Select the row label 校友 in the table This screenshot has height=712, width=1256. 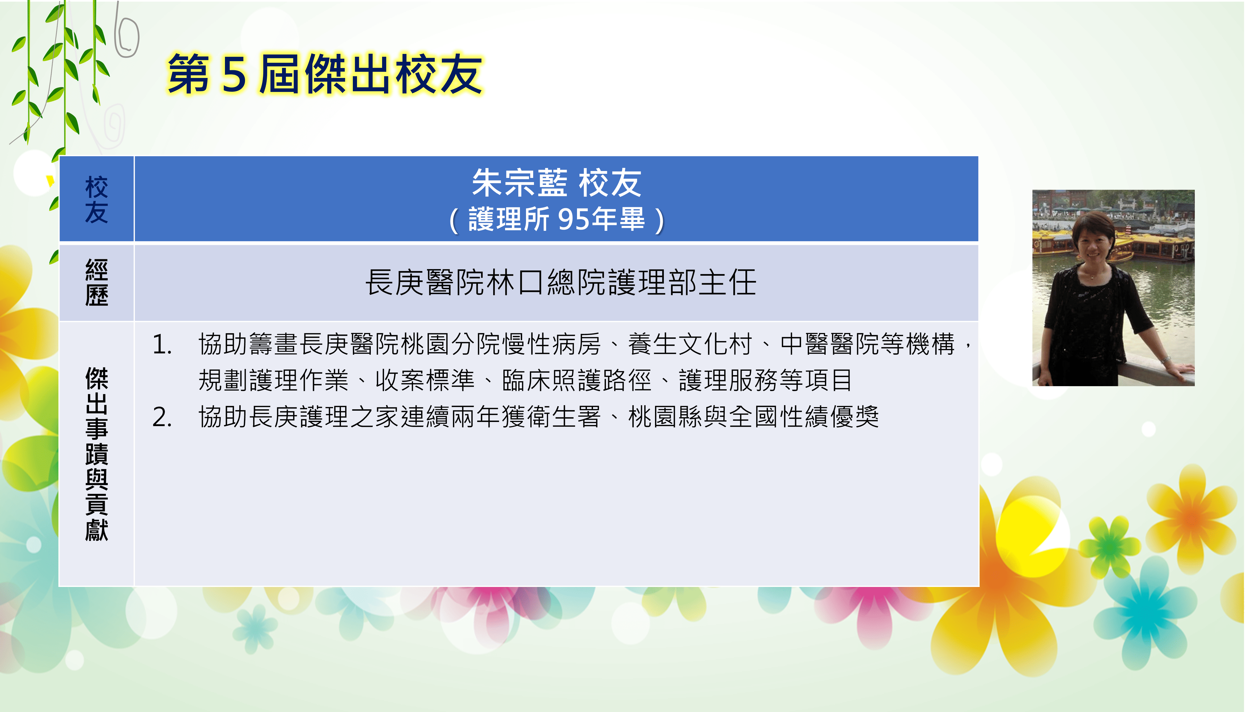coord(96,199)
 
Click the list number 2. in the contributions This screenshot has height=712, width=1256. coord(162,417)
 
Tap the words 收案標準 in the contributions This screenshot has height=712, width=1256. coord(425,380)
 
